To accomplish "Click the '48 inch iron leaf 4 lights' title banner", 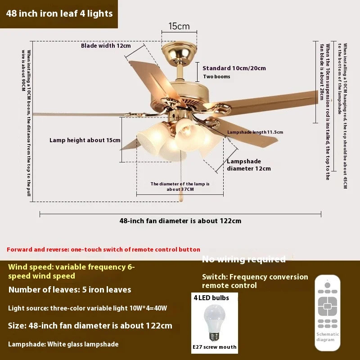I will (x=59, y=13).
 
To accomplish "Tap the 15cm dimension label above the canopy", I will (x=179, y=26).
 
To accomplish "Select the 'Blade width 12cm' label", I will (x=106, y=46).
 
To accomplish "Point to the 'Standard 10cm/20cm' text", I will (x=234, y=68).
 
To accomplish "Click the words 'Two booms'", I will (x=216, y=76).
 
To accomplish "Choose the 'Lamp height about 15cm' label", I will (x=85, y=140).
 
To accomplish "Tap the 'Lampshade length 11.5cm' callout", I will (x=255, y=132).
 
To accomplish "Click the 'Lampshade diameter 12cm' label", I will (x=248, y=165).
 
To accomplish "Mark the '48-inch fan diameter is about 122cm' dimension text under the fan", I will (x=180, y=220).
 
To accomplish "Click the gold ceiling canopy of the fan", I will (x=179, y=52).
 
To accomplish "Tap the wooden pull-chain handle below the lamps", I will (x=182, y=196).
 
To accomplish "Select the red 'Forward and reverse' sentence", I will (x=103, y=249).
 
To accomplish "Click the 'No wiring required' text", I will (x=243, y=259).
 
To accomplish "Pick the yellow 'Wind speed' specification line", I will (x=71, y=271).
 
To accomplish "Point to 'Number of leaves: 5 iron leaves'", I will (x=70, y=290).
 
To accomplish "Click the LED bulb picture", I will (x=214, y=323).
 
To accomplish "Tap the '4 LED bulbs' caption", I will (x=211, y=298).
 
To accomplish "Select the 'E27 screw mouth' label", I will (x=214, y=347).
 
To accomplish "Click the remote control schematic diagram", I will (x=327, y=310).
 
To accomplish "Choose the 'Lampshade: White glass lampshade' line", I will (x=63, y=344).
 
